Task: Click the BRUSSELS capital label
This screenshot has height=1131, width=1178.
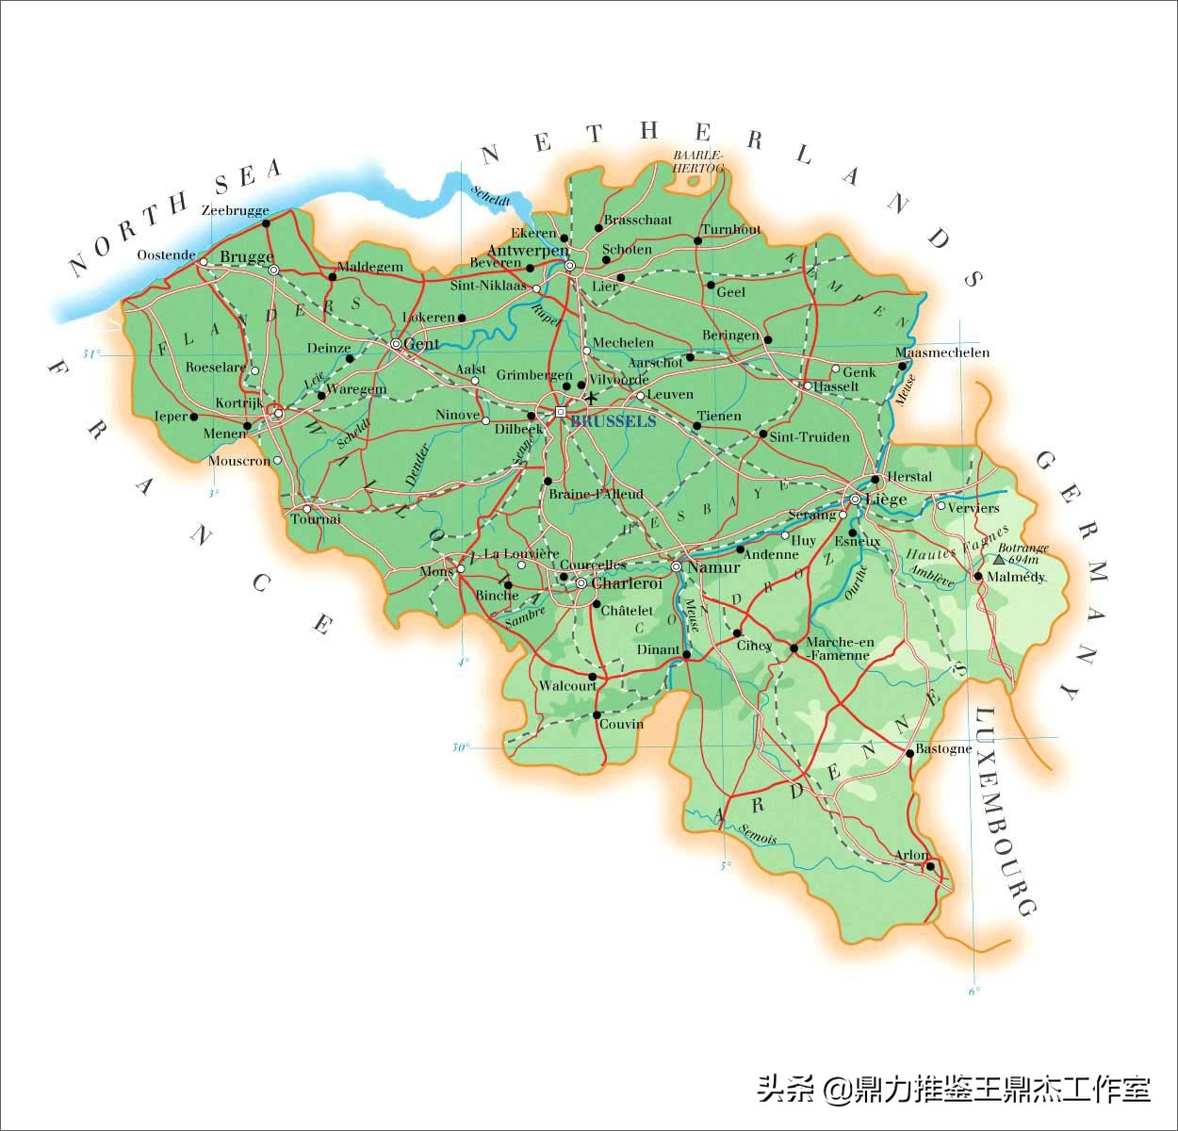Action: pos(613,421)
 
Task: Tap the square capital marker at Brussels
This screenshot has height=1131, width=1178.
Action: pos(561,412)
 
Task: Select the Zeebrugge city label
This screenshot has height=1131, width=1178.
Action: pos(236,211)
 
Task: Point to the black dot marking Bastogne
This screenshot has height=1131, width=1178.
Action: pos(909,753)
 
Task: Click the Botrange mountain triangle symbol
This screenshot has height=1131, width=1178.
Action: pos(999,559)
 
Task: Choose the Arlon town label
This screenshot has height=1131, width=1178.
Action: pos(912,855)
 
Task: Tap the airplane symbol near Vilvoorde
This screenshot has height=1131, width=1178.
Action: pos(591,397)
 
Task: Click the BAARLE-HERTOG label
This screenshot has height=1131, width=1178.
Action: pos(698,160)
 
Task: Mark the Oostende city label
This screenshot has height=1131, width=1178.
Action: pos(166,254)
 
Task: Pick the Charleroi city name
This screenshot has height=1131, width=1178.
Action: pos(627,583)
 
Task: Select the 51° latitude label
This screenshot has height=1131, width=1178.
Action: pos(90,354)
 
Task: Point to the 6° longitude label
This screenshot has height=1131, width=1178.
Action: pos(974,990)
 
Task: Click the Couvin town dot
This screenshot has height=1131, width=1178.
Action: pos(597,714)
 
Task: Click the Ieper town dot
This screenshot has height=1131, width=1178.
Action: pos(194,416)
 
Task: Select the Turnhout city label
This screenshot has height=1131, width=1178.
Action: pos(731,230)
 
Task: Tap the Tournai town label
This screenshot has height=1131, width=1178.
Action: pos(316,519)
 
